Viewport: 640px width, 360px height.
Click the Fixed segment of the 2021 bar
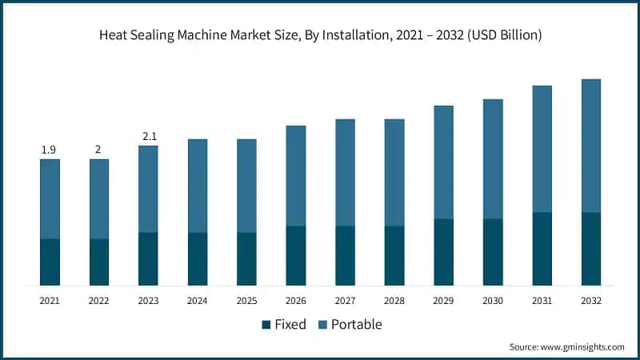[x=50, y=262]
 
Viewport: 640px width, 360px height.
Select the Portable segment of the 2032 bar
[x=591, y=146]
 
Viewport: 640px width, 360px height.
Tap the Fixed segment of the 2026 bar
[x=296, y=255]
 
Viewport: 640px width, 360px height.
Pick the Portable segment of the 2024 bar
[x=198, y=186]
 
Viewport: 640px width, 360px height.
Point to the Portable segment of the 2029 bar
[x=444, y=162]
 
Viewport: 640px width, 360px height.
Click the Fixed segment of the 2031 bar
[x=542, y=249]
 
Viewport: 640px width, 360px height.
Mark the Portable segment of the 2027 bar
[x=346, y=173]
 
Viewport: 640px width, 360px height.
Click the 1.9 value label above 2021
[x=50, y=150]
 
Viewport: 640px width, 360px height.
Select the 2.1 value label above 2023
[x=149, y=136]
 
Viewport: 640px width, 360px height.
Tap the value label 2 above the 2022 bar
[x=99, y=150]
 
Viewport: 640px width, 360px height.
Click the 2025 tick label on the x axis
[x=247, y=301]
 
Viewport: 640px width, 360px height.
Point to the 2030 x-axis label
[x=493, y=301]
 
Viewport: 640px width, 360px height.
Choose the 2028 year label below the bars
[x=394, y=301]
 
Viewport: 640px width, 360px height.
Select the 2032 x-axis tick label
[x=591, y=301]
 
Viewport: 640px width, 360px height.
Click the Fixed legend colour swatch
[x=266, y=325]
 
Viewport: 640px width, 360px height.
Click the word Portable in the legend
[x=356, y=325]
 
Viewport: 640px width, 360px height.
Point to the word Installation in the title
[x=342, y=34]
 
